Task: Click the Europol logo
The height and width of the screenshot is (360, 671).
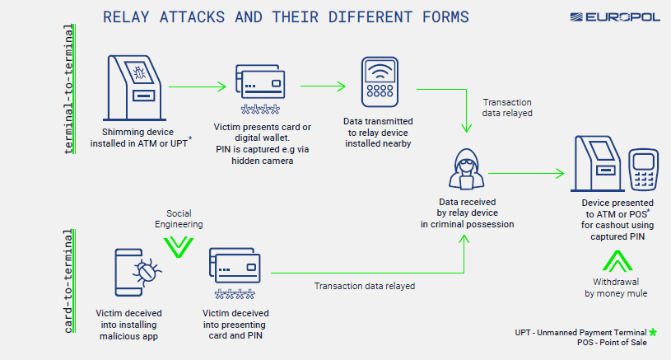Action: coord(614,16)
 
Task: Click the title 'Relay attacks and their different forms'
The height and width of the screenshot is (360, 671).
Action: coord(286,16)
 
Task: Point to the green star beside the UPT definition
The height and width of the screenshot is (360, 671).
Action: coord(653,332)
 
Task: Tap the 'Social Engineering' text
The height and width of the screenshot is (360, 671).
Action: coord(179,218)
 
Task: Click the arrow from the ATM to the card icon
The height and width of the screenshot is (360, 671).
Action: coord(197,85)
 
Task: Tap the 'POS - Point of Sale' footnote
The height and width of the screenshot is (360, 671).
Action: coord(612,343)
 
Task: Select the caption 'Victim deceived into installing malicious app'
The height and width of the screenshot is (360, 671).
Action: coord(128,325)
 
